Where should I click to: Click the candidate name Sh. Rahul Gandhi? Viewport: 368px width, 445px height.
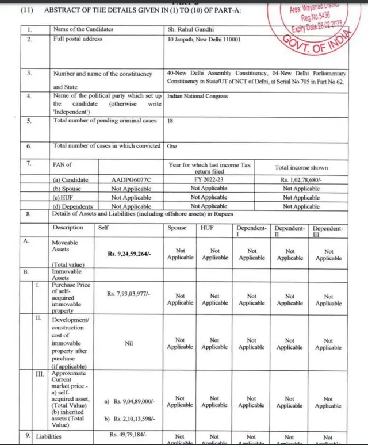(187, 29)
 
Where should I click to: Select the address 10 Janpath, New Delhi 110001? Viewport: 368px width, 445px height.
(204, 39)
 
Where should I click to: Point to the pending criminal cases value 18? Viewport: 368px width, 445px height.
(170, 122)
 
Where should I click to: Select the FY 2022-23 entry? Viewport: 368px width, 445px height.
(209, 180)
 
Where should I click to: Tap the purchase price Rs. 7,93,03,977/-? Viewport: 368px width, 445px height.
(128, 294)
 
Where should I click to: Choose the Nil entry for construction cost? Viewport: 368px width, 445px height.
(128, 343)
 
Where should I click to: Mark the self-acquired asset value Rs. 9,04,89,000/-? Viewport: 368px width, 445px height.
(134, 401)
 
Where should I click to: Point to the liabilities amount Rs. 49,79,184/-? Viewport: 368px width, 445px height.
(129, 434)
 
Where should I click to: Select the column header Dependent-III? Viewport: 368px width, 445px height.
(328, 231)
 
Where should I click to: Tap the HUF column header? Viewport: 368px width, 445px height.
(207, 228)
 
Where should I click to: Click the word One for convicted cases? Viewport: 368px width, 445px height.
(172, 147)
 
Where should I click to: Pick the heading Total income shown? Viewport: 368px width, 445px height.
(301, 168)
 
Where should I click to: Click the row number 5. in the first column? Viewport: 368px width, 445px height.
(29, 121)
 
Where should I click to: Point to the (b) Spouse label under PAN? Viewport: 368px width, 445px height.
(67, 189)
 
